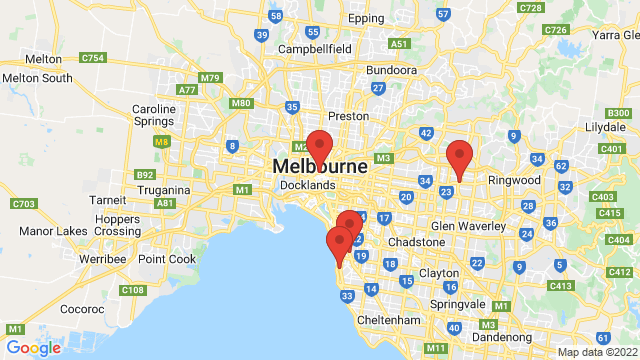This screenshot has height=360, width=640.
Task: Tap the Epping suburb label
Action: pyautogui.click(x=365, y=19)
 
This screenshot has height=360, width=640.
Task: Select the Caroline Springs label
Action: pyautogui.click(x=155, y=116)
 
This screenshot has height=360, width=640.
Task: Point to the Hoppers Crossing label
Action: pyautogui.click(x=118, y=224)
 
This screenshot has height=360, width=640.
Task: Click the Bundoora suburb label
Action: pyautogui.click(x=391, y=71)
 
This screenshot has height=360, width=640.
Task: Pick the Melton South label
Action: pyautogui.click(x=37, y=78)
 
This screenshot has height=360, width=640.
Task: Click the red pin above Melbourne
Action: pyautogui.click(x=319, y=145)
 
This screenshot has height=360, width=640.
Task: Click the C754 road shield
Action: pyautogui.click(x=92, y=58)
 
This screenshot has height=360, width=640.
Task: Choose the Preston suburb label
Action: pyautogui.click(x=349, y=116)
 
